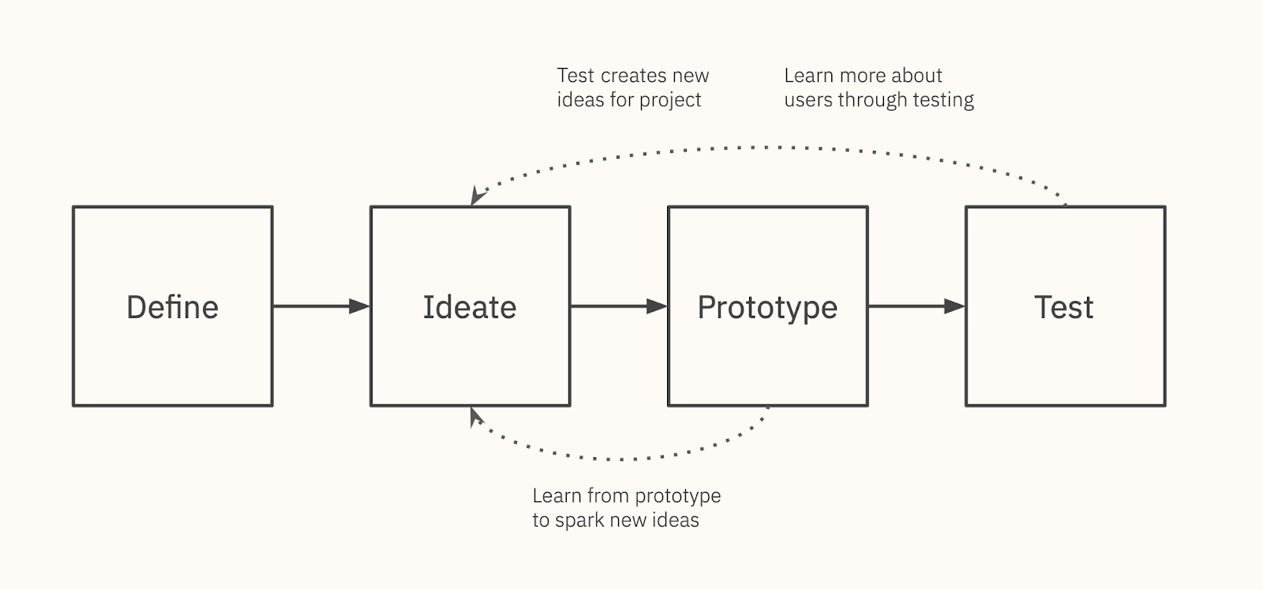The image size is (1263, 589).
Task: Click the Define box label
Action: click(173, 307)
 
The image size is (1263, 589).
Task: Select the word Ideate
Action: click(470, 307)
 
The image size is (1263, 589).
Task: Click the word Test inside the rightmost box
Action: click(1064, 307)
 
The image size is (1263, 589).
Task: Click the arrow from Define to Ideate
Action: click(321, 306)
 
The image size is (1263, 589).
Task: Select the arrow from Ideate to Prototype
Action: click(619, 306)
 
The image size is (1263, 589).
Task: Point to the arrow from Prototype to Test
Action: click(916, 306)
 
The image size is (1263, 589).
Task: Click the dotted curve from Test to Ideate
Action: click(766, 148)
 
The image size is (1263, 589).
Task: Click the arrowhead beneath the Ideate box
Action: click(476, 416)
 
